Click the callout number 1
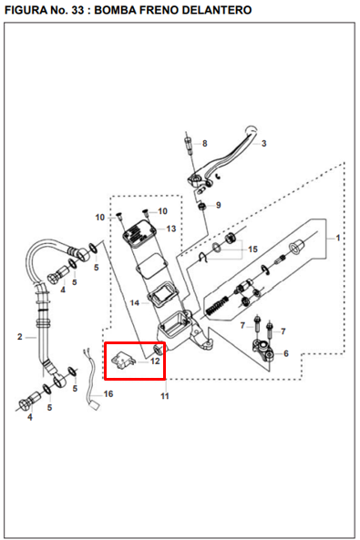click(x=338, y=238)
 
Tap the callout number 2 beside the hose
click(x=20, y=337)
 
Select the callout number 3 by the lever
click(x=263, y=143)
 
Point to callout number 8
click(x=204, y=143)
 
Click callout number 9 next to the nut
click(x=218, y=205)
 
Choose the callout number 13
click(x=171, y=229)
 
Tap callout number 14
click(x=135, y=302)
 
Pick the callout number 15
click(x=252, y=249)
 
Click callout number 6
click(x=286, y=353)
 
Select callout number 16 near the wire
click(x=108, y=393)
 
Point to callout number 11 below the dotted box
click(x=165, y=396)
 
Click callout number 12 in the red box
click(x=155, y=361)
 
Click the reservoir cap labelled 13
click(x=139, y=234)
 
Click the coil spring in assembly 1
click(x=216, y=305)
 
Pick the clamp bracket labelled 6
click(x=263, y=349)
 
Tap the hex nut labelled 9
click(x=202, y=207)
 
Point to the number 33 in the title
click(x=78, y=10)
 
